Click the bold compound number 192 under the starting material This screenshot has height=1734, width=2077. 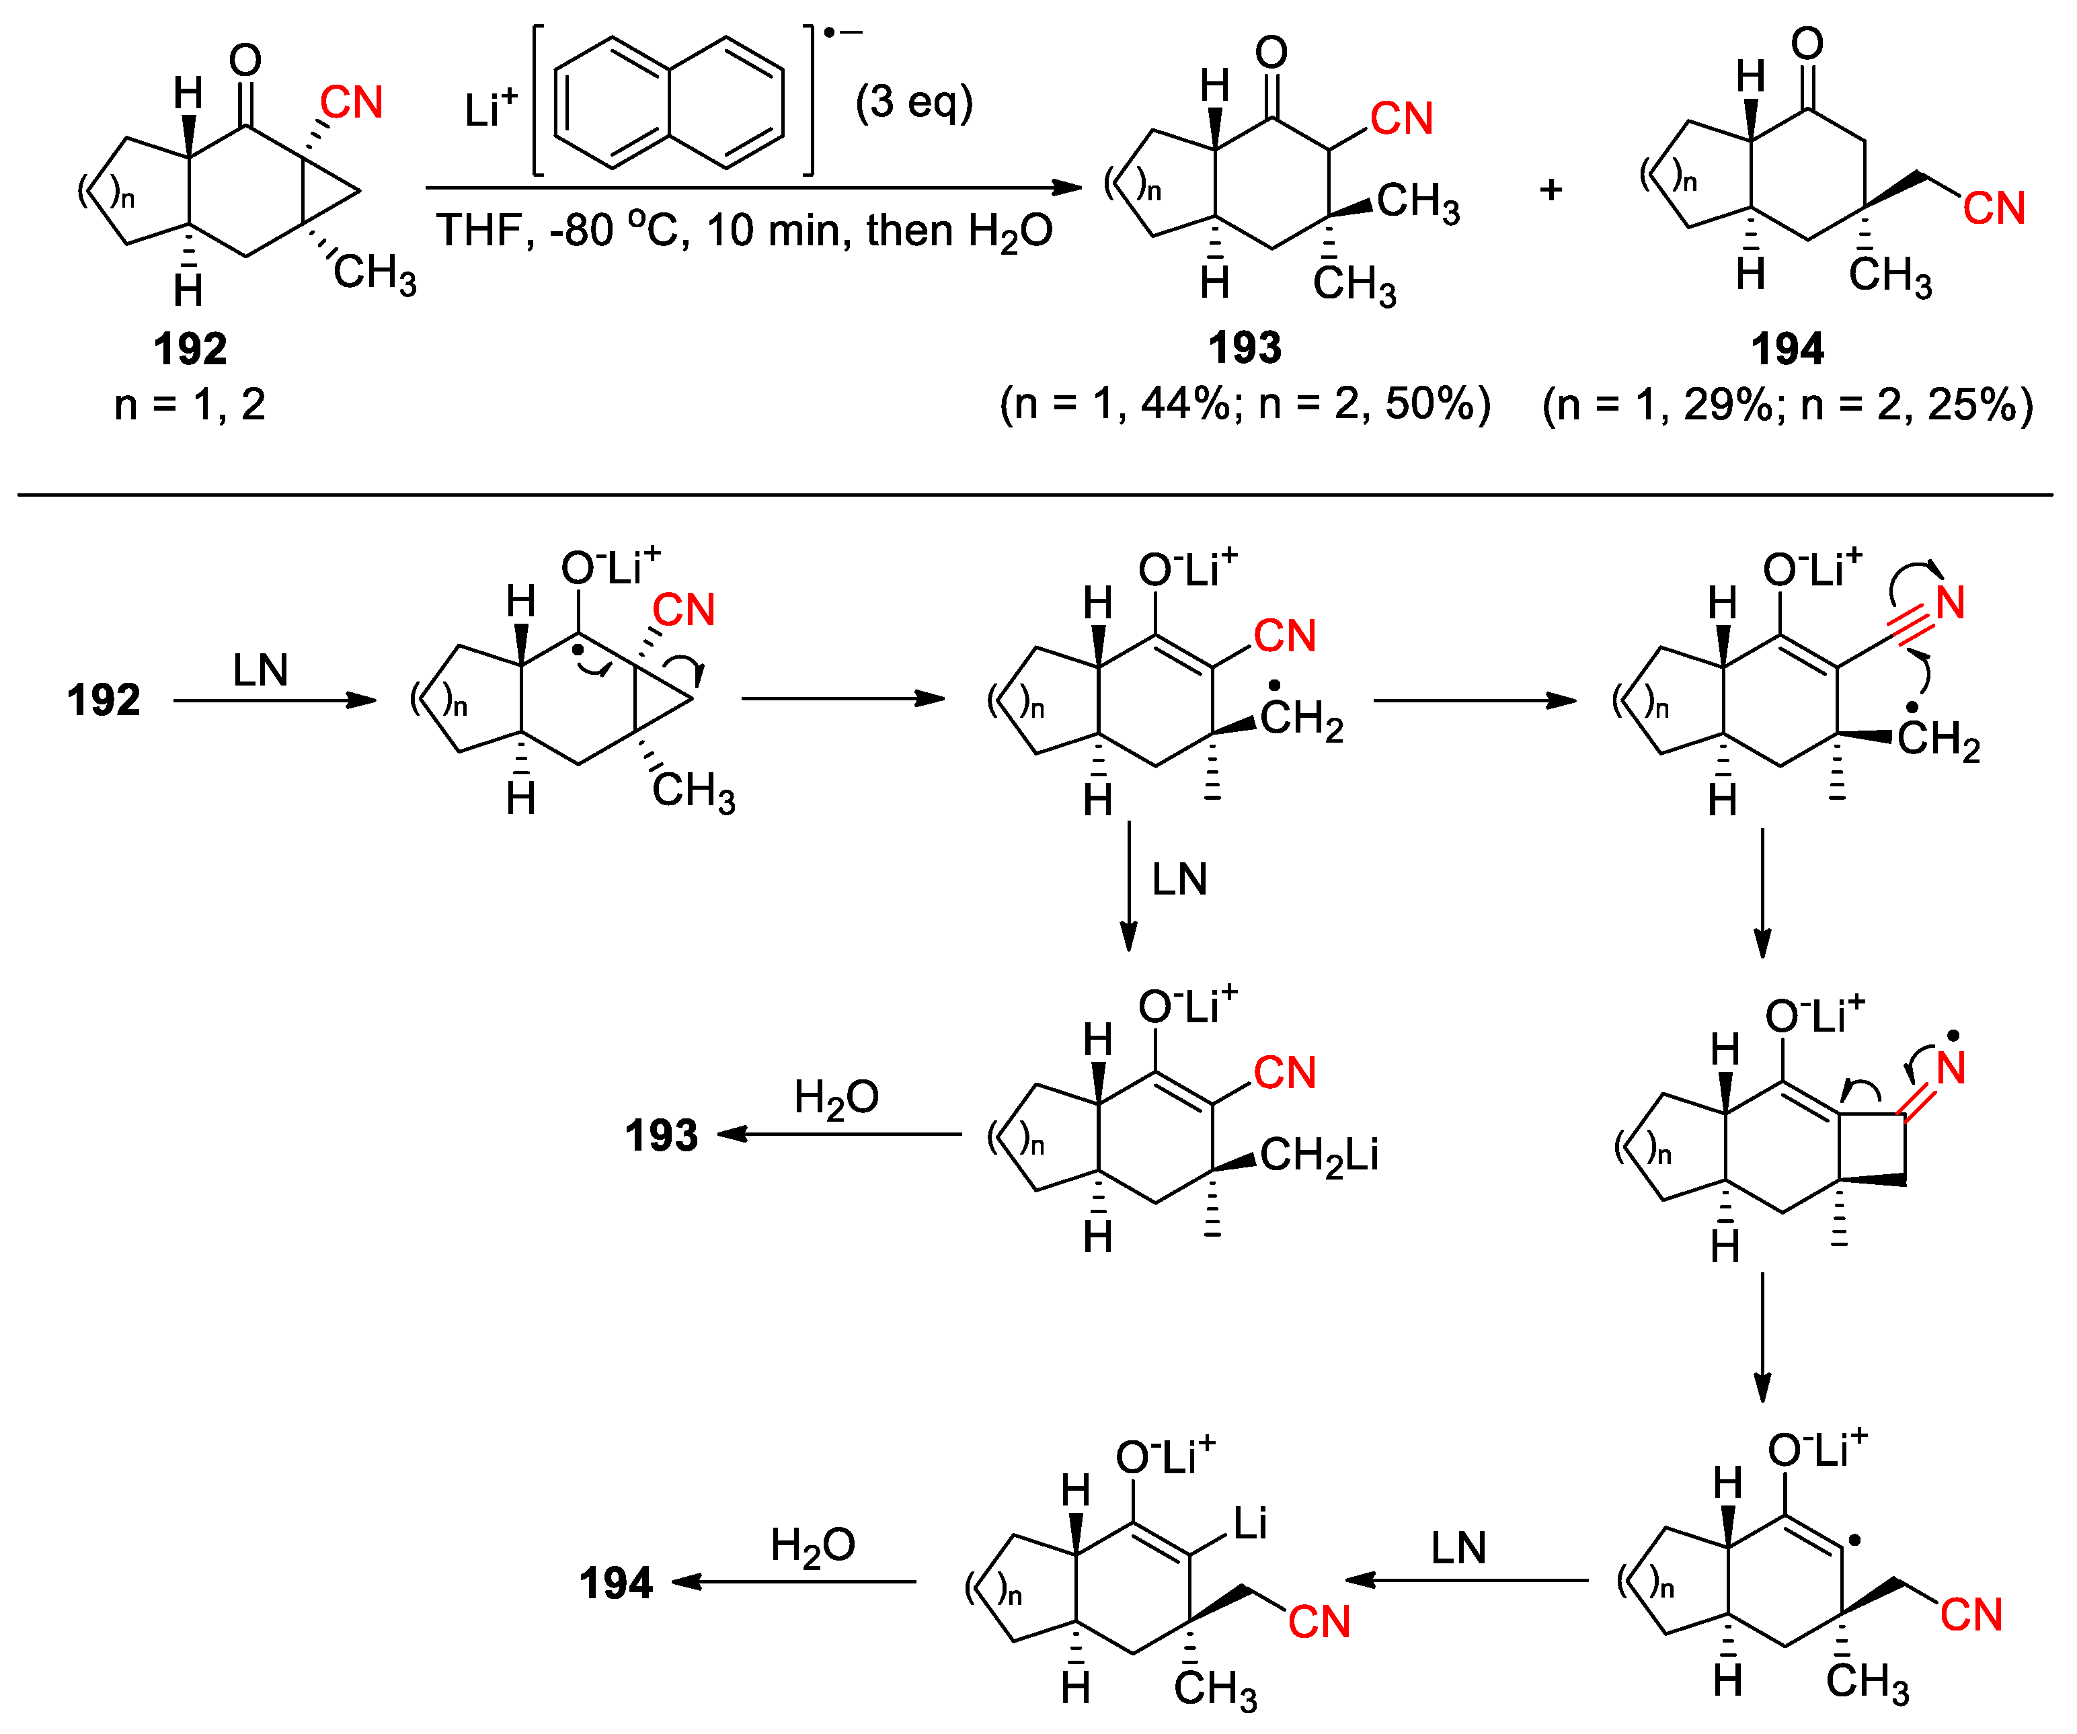pos(190,348)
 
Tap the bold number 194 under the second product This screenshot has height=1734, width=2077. pos(1787,348)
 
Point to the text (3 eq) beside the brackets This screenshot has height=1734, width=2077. pos(914,103)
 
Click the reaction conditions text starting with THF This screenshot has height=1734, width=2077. pos(744,231)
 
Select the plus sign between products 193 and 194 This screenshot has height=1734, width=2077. pos(1550,189)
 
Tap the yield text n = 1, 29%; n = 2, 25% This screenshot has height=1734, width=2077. pos(1787,405)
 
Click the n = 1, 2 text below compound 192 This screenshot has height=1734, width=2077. pos(190,405)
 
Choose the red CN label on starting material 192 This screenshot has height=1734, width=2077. pos(351,103)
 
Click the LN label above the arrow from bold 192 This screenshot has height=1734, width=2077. pos(260,670)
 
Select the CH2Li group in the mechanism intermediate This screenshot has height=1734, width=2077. pos(1319,1155)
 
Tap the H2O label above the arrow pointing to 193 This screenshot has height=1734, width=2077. pos(836,1098)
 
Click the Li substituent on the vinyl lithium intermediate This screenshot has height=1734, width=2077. pos(1249,1524)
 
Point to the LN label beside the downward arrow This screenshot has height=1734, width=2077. pos(1179,879)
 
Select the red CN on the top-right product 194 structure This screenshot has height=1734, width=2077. pos(1994,208)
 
